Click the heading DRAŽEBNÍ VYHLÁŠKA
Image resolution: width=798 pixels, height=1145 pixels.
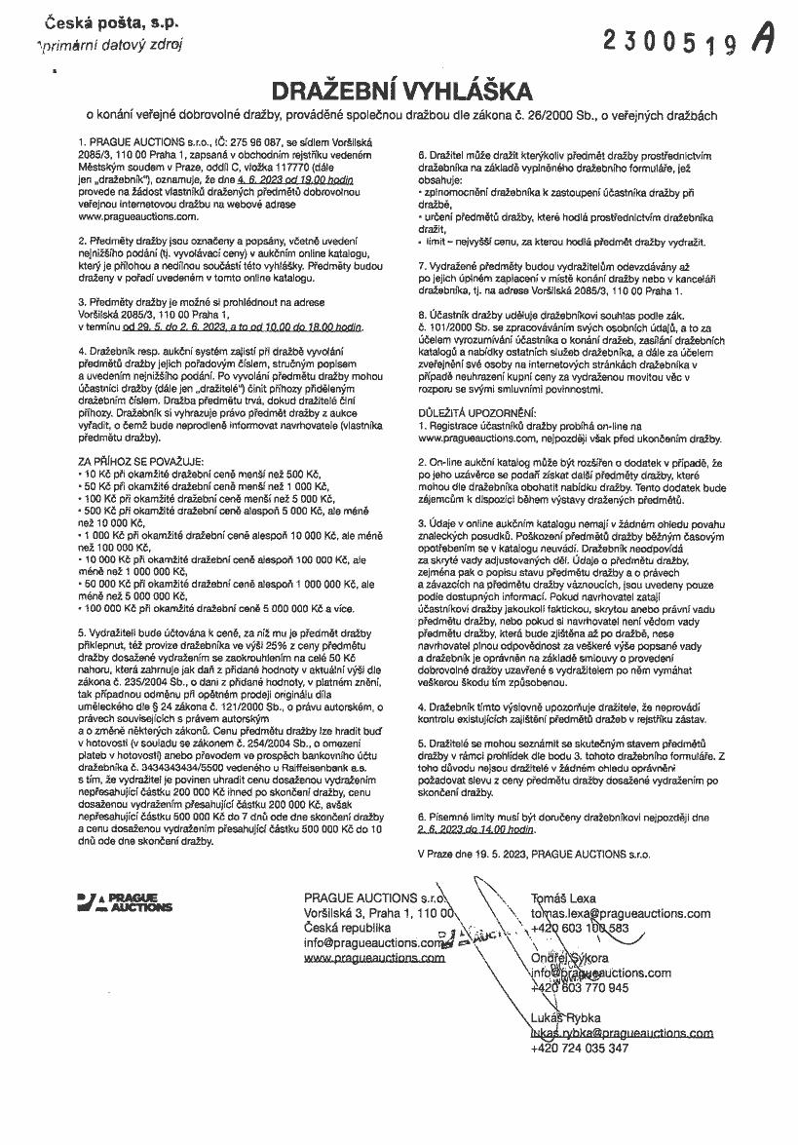click(x=399, y=91)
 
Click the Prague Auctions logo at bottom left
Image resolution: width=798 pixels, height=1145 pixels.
click(x=124, y=900)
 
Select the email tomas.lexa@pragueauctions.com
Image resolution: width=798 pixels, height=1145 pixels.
click(x=620, y=913)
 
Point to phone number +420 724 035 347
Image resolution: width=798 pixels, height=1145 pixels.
click(x=580, y=1048)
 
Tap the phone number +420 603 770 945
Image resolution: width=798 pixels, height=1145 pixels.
click(x=580, y=987)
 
